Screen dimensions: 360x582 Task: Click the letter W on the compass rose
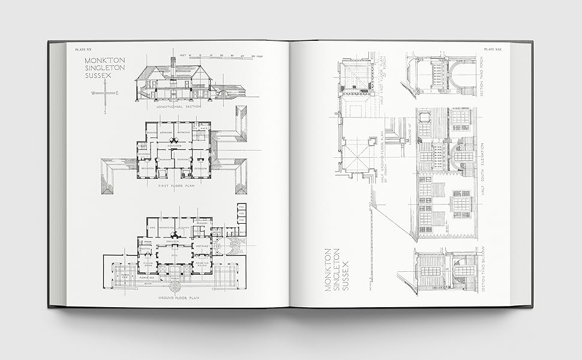pos(93,93)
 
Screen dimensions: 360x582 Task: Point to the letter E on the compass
pos(117,93)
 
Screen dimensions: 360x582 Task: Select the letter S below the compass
pos(105,112)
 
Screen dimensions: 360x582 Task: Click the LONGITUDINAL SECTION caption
pos(178,106)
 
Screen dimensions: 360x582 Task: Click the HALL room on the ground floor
pos(175,256)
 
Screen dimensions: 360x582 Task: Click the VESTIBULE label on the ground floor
pos(203,247)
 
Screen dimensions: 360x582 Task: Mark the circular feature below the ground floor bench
pos(175,287)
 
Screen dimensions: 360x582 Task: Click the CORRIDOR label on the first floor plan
pos(175,145)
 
